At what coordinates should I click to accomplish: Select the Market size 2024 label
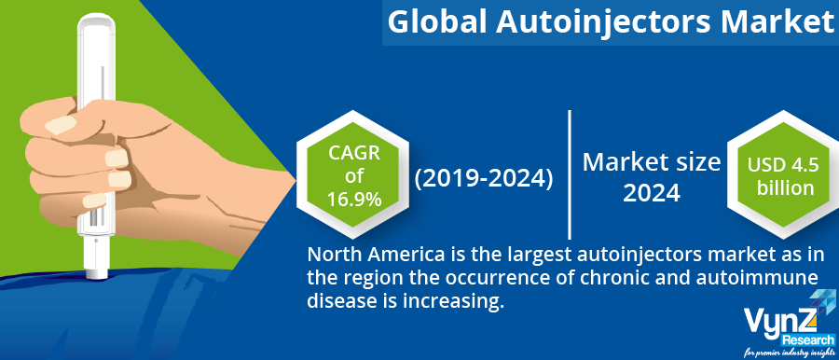[x=651, y=177]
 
